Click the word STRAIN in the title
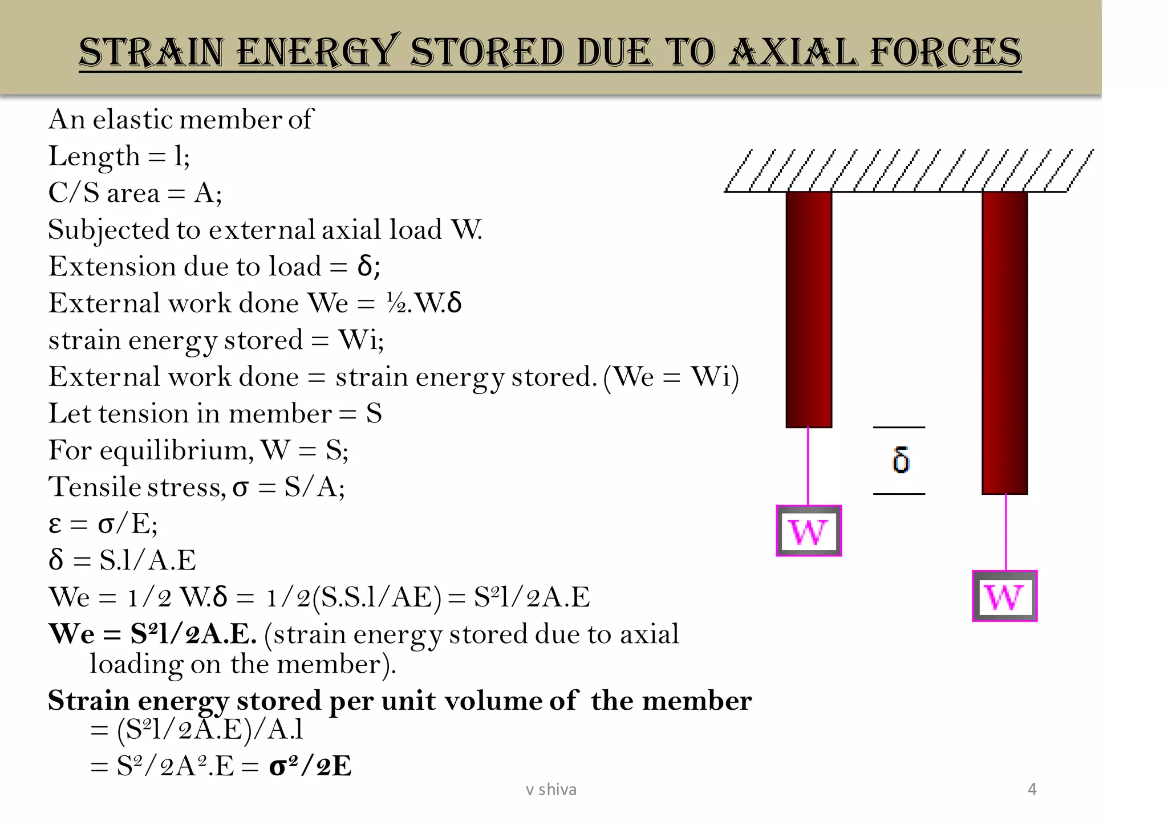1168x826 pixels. tap(151, 52)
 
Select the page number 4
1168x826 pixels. tap(1032, 790)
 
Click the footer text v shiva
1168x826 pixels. tap(551, 790)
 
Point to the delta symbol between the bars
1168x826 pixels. tap(901, 460)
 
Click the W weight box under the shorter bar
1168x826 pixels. tap(809, 531)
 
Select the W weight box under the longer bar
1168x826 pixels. tap(1004, 596)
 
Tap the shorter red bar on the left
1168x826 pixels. tap(809, 310)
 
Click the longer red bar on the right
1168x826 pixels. tap(1004, 342)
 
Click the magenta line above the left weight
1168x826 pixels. tap(808, 466)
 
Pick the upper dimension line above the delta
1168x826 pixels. tap(899, 427)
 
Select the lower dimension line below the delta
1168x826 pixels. tap(899, 494)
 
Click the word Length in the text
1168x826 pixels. tap(94, 157)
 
